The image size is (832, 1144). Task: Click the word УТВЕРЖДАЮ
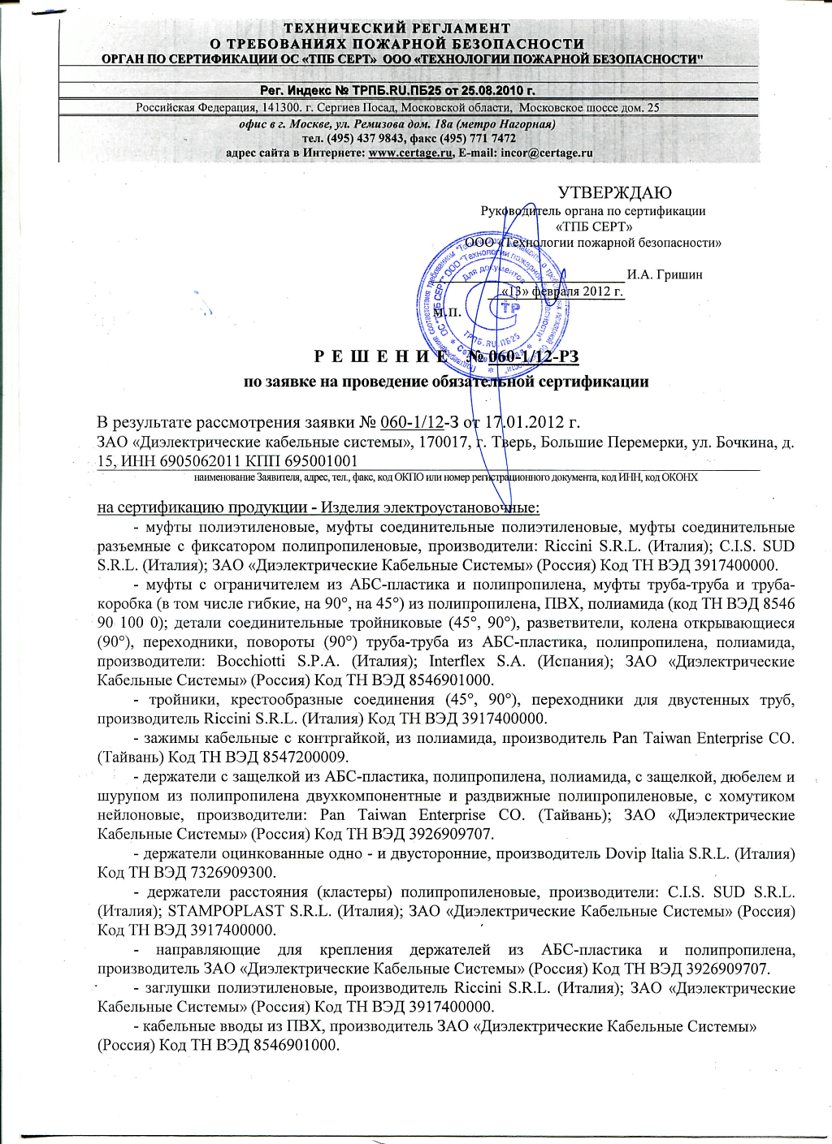[x=614, y=192]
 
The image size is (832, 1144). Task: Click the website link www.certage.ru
[x=410, y=153]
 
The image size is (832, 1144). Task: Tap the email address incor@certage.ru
[x=547, y=153]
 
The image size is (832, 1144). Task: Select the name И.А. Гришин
[x=665, y=274]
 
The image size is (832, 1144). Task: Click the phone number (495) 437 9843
[x=366, y=139]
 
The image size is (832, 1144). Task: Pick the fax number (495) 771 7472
[x=480, y=139]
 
